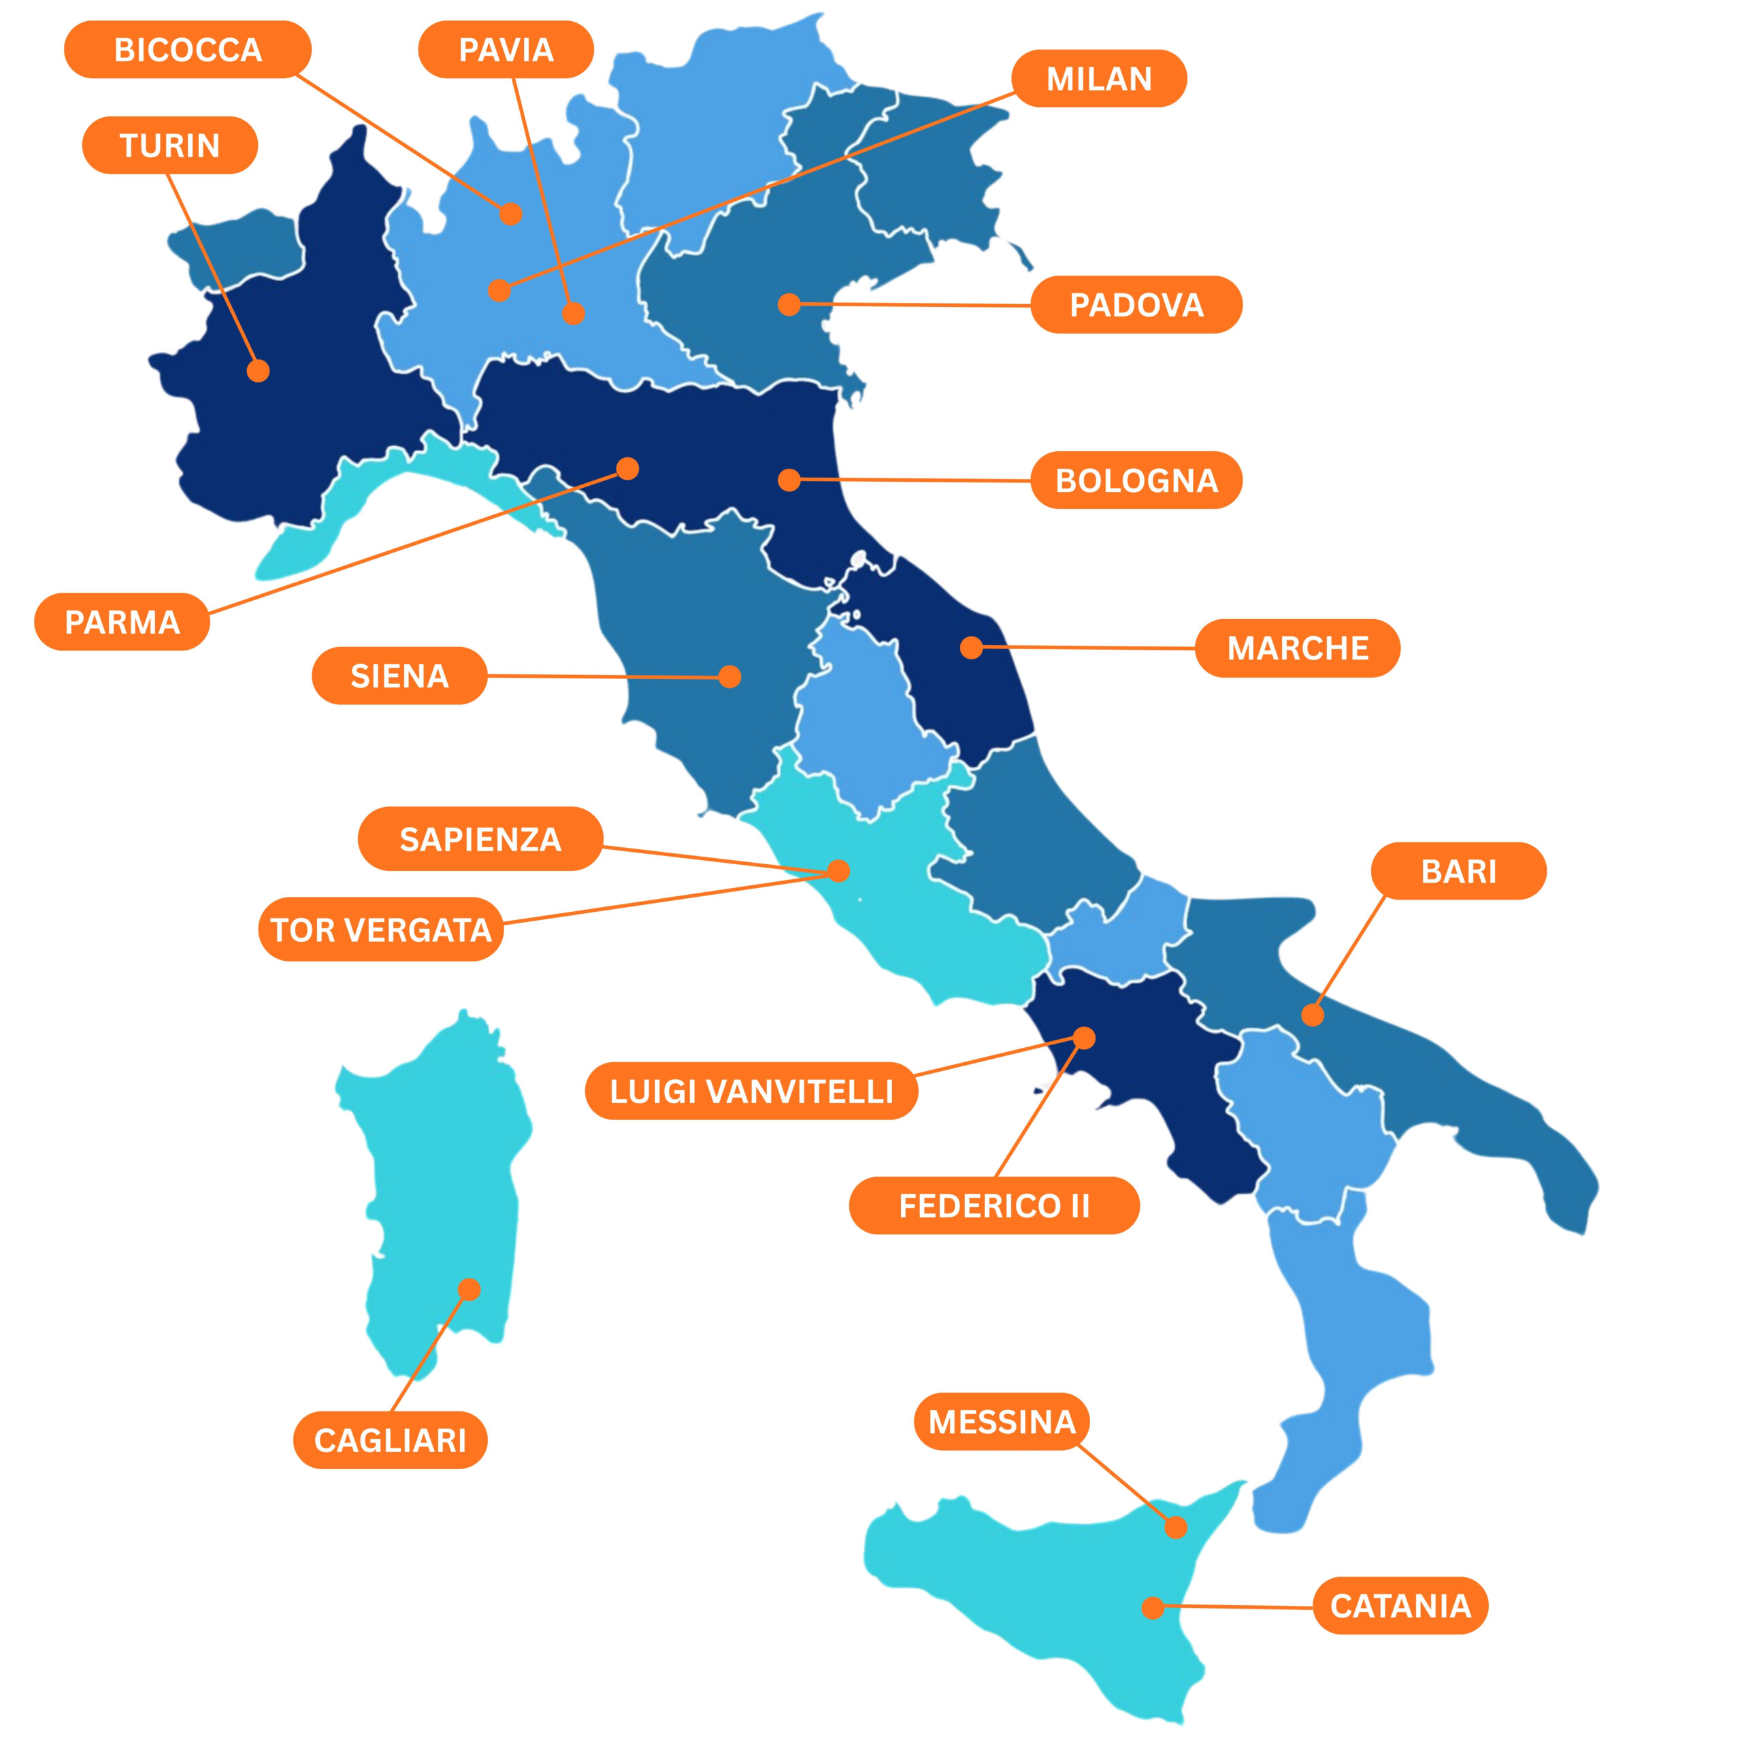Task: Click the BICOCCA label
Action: point(188,50)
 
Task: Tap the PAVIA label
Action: point(506,50)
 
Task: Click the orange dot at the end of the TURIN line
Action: point(258,371)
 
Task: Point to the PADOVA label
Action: point(1136,305)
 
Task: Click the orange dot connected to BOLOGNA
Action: point(789,479)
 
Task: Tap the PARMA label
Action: point(122,622)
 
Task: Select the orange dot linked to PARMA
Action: point(627,468)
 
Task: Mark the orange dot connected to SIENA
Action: point(730,676)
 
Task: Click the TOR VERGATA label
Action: point(380,929)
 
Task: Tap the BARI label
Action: point(1458,871)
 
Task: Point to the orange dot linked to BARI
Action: point(1313,1015)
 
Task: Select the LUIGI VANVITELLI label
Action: point(751,1091)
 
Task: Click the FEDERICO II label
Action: point(993,1206)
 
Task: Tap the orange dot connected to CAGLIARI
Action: point(469,1289)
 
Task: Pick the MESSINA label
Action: point(1002,1422)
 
